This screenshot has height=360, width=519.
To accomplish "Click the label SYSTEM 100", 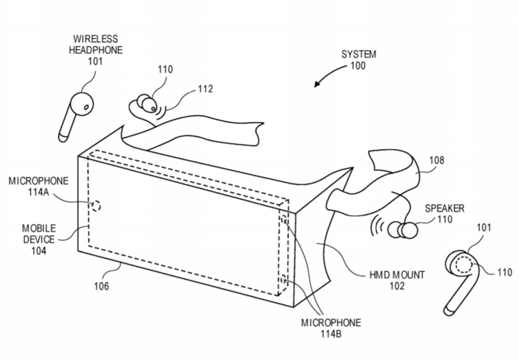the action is click(358, 60).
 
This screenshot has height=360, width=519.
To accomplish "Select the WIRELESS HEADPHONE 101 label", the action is click(95, 50).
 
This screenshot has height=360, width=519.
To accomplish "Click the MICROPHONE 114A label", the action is click(38, 186).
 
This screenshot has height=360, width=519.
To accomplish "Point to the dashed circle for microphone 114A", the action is click(96, 206).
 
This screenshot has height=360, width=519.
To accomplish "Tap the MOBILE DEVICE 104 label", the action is click(39, 240).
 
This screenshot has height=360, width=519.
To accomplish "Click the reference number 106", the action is click(101, 286).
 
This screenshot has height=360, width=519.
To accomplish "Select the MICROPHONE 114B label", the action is click(331, 328).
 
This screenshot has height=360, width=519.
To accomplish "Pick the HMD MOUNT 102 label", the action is click(397, 280).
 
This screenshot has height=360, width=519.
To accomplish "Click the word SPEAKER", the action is click(445, 208).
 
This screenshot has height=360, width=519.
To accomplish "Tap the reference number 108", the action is click(437, 161).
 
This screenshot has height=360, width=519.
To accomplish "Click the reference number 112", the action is click(205, 88).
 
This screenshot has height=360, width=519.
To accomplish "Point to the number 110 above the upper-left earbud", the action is click(165, 69).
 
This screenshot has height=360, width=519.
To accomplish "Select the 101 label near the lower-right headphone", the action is click(484, 227).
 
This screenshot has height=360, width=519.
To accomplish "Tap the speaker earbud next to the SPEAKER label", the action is click(403, 230).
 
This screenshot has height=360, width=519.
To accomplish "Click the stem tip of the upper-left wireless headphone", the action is click(63, 137).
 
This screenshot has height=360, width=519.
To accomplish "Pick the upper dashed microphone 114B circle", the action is click(284, 219).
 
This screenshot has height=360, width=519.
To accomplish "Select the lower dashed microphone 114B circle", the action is click(284, 279).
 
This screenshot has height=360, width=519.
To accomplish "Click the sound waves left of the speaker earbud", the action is click(378, 226).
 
